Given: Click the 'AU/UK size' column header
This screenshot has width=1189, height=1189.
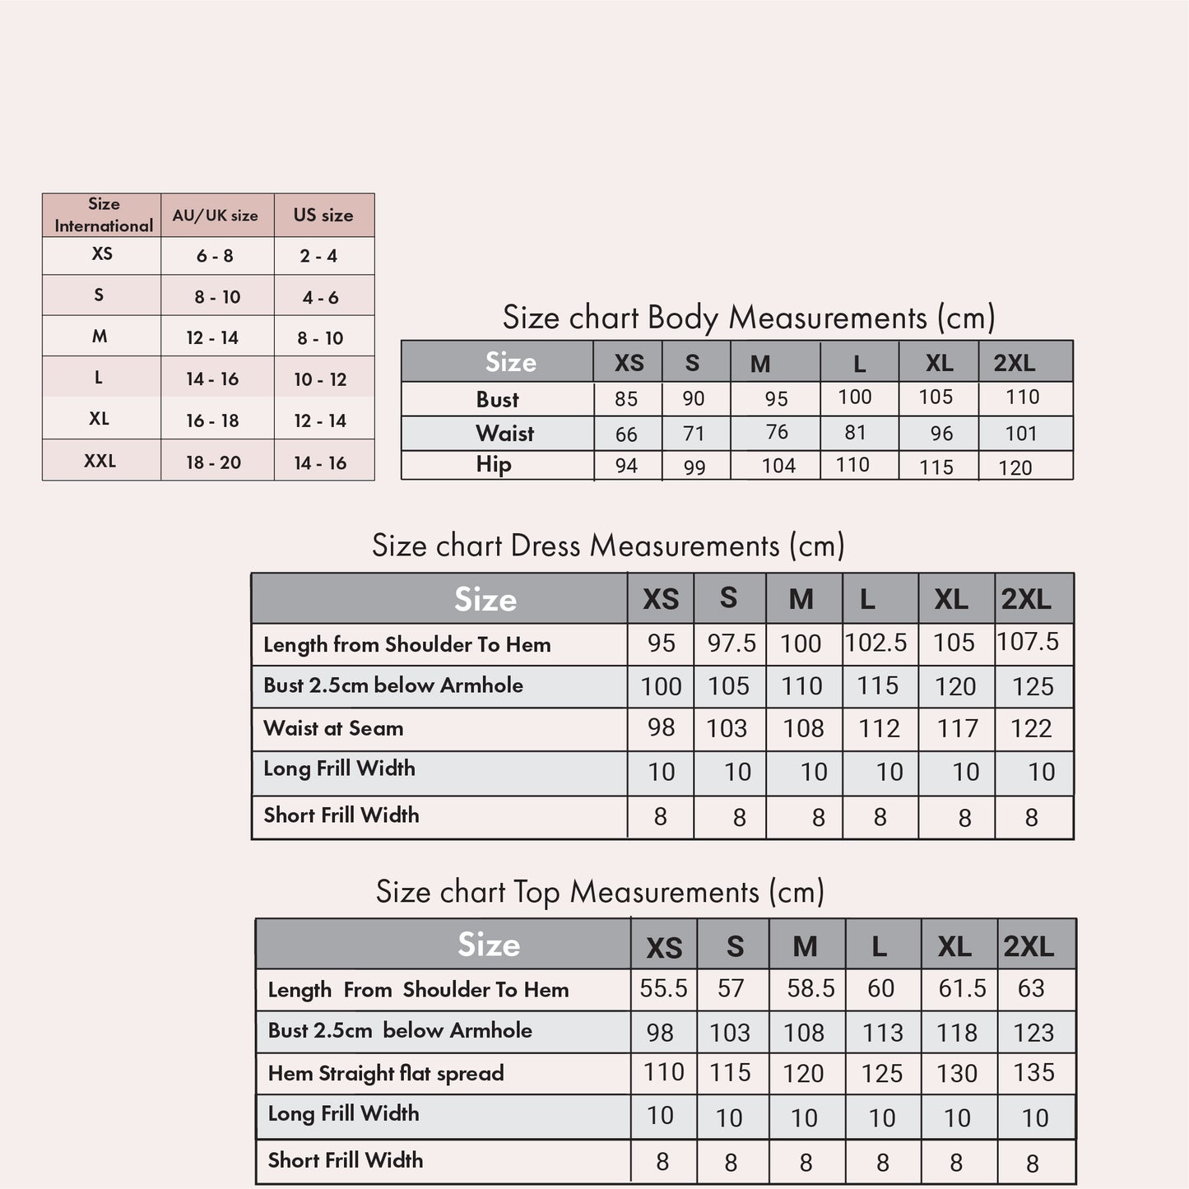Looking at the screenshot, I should coord(215,216).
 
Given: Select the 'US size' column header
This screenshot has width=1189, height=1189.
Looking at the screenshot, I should coord(323,216).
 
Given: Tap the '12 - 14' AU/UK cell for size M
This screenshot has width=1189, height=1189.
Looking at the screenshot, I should coord(212,337).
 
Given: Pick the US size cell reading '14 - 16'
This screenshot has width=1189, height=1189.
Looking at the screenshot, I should coord(320,462).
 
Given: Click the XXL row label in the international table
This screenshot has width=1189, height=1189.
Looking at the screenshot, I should coord(100,461).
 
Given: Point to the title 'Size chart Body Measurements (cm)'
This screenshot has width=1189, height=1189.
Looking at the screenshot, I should coord(749,318).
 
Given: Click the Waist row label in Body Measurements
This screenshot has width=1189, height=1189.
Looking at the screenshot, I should coord(504,434).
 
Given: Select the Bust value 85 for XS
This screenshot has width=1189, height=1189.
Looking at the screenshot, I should coord(626,399).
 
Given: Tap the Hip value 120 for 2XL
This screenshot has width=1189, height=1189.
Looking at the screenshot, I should coord(1015,467).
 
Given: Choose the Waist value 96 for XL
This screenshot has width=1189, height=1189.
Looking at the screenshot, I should coord(941,434).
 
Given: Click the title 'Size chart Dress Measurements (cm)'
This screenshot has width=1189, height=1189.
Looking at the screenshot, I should coord(608,546).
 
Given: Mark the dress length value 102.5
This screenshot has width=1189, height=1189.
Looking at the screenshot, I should coord(876,643).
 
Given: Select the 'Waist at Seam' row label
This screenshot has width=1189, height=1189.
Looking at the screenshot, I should coord(333,728).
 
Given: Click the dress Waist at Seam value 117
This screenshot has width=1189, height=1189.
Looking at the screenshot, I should coord(958,728).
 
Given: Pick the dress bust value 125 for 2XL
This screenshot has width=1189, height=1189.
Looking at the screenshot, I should coord(1033,686).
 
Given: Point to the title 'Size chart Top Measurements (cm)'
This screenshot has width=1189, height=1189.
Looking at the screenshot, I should coord(600,892).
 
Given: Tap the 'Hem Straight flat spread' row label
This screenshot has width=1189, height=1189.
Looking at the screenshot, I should coord(386,1073).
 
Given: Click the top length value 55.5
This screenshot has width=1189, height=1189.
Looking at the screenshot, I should coord(663,988).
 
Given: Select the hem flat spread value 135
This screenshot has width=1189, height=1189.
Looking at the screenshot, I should coord(1034,1072).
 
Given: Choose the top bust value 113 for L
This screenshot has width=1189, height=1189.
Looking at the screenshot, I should coord(882,1033).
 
